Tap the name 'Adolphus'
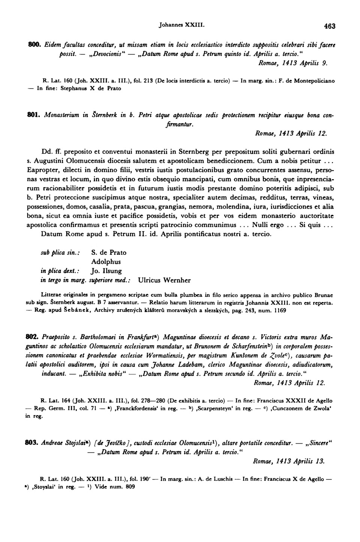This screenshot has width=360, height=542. [106, 262]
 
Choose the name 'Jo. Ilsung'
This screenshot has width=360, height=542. [106, 271]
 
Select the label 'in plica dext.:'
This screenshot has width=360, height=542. [56, 271]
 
